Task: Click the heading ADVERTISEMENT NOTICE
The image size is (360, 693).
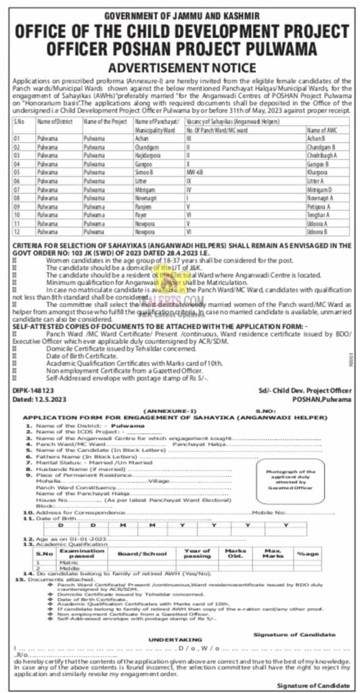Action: (179, 68)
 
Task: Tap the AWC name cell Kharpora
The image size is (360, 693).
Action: (317, 173)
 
